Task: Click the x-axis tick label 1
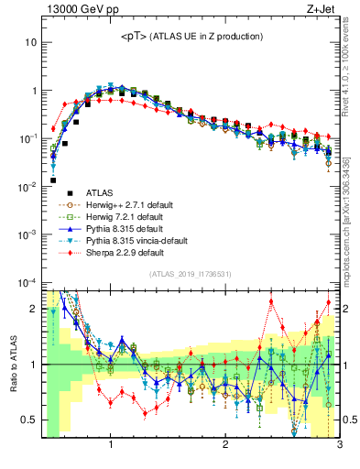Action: coord(111,446)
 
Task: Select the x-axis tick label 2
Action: coord(225,446)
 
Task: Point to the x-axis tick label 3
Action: coord(339,446)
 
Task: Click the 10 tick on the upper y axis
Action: coord(31,43)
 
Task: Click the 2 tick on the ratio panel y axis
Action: coord(34,309)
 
